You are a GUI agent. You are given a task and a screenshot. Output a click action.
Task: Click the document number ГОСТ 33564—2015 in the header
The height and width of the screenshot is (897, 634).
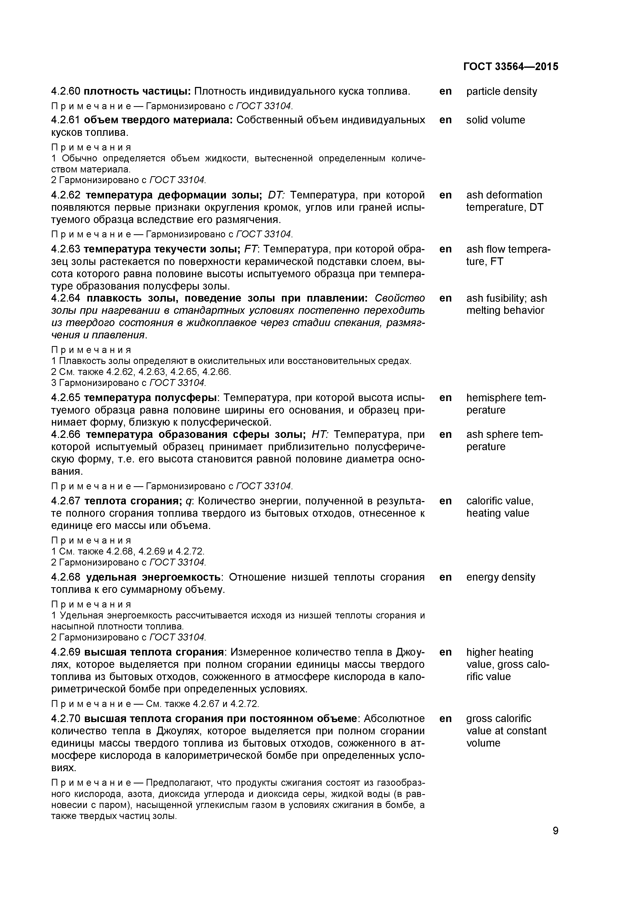pos(511,67)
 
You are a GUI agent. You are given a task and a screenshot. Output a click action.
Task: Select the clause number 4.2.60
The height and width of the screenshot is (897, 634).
pos(66,91)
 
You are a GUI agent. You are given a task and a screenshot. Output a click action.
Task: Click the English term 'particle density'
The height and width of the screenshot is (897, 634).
pos(502,91)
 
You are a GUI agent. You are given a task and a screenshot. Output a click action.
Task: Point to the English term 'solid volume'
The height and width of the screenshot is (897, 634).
pos(495,120)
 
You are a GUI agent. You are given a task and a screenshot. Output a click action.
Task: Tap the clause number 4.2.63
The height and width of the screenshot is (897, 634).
pos(66,249)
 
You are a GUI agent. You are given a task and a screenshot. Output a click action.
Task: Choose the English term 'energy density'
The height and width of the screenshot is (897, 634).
pos(501,577)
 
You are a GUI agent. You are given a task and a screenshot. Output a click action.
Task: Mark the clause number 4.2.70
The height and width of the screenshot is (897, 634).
pos(66,718)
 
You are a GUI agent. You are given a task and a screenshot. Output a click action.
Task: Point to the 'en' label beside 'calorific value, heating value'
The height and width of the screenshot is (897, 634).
pos(445,501)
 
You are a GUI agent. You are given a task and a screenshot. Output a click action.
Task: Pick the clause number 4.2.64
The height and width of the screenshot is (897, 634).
pos(66,298)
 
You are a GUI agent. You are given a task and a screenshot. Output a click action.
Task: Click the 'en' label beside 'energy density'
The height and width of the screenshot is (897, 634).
pos(445,577)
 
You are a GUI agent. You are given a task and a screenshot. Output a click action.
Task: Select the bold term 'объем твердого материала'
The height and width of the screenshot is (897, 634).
pos(158,120)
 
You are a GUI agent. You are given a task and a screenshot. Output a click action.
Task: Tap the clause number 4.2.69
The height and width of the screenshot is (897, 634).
pos(66,652)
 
